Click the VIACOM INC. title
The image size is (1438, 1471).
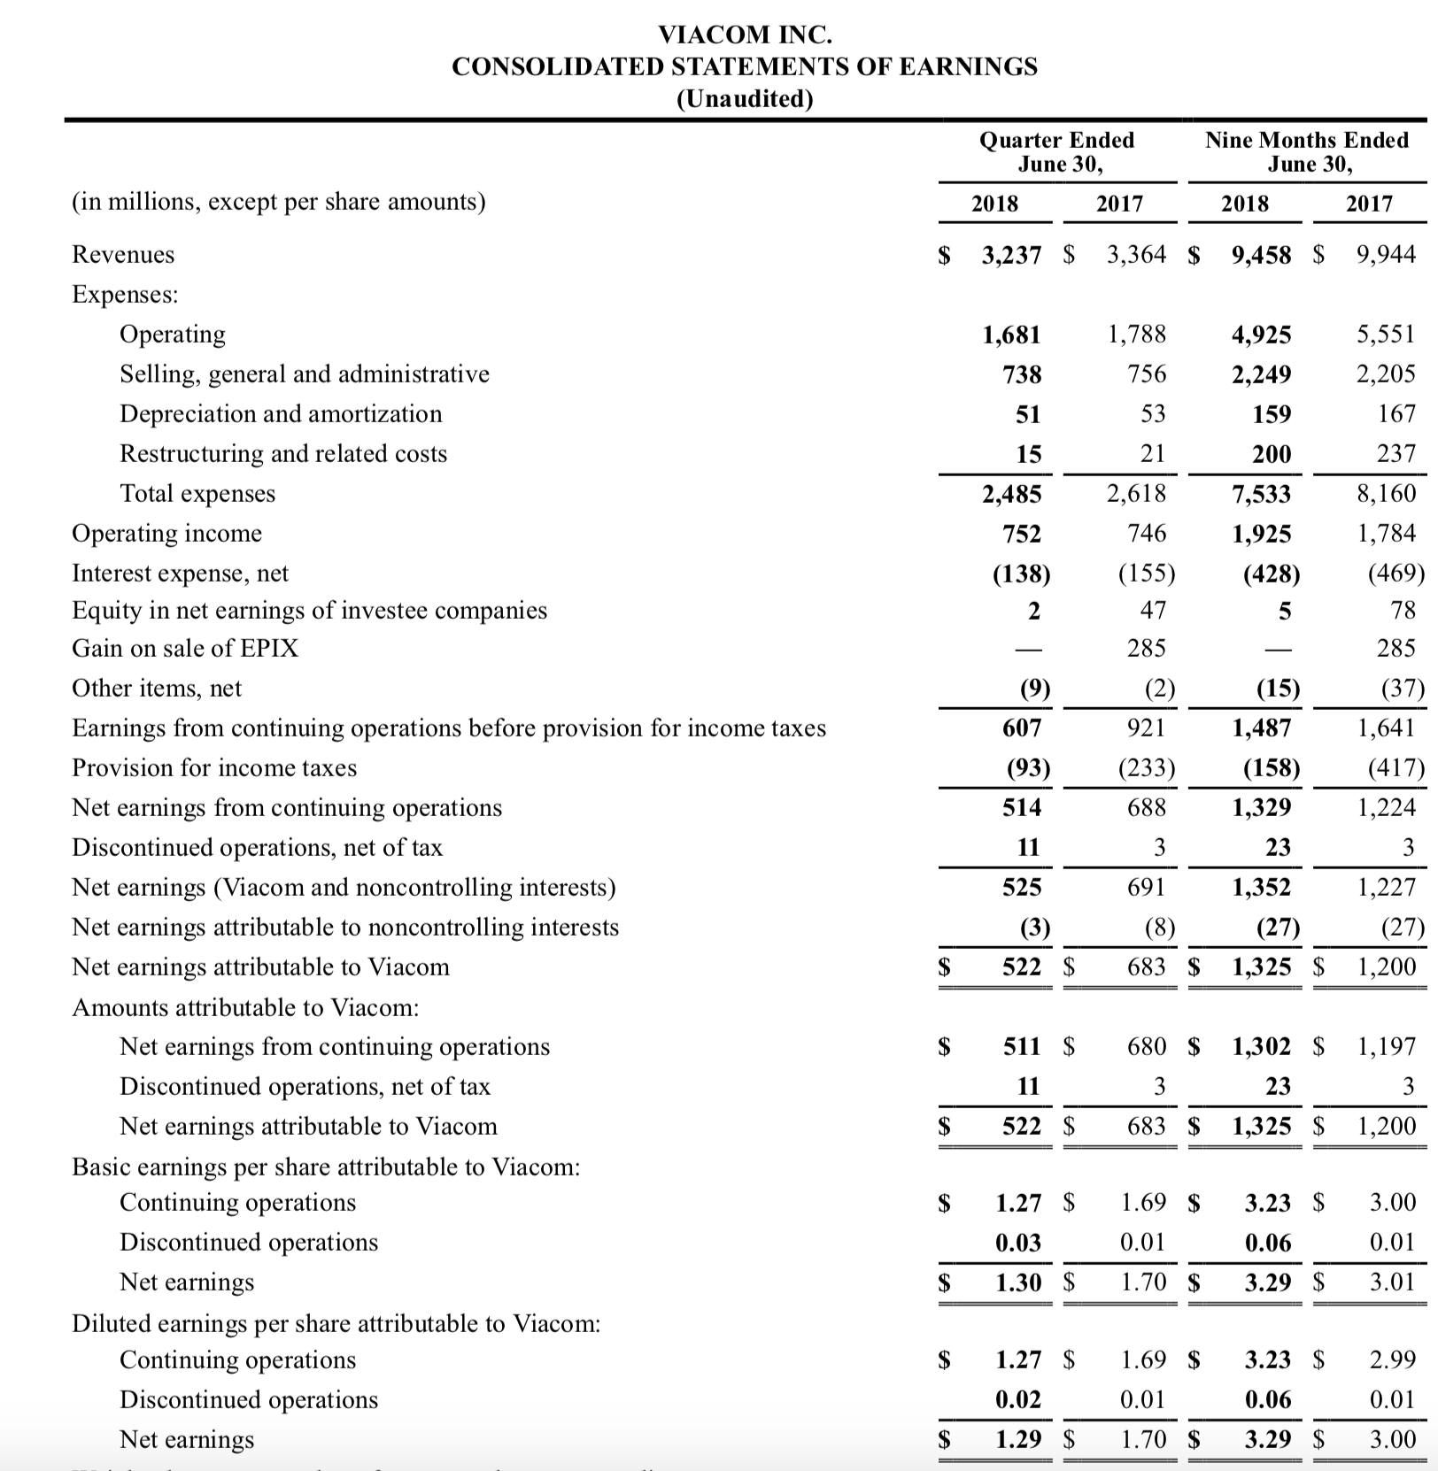[745, 35]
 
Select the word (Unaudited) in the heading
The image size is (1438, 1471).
[745, 98]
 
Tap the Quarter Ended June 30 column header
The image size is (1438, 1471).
[1056, 152]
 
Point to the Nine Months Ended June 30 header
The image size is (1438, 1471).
[1307, 152]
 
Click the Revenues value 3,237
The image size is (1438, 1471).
[1011, 255]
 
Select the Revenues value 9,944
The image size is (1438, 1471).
[1386, 255]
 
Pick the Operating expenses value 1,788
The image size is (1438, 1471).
[1137, 334]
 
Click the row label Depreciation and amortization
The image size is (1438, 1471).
[281, 413]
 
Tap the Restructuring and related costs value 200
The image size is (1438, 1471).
[1272, 454]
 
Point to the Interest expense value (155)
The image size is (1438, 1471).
[1146, 574]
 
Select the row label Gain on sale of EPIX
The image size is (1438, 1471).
[185, 648]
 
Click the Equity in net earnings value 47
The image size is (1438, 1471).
[1152, 610]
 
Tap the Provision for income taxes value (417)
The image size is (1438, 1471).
[1396, 767]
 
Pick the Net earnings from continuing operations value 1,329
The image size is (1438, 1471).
[1262, 807]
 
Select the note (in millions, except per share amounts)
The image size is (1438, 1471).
[278, 202]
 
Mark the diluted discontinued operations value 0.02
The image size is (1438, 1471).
[1018, 1399]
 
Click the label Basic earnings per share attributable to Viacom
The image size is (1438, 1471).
[326, 1167]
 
